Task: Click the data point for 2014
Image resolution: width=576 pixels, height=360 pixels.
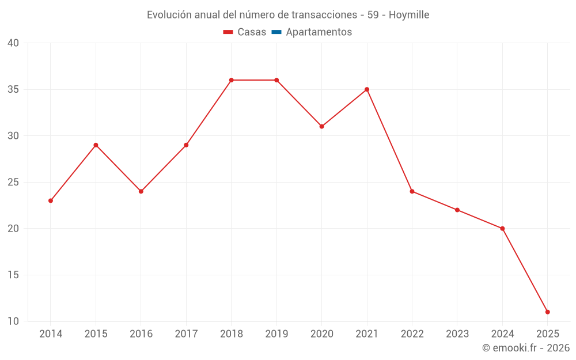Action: (51, 200)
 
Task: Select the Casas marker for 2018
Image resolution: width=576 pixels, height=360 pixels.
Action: (232, 80)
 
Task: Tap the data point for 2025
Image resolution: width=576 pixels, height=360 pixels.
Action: (547, 312)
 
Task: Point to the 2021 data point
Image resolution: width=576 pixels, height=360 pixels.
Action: (367, 89)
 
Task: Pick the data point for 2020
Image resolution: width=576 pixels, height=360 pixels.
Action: (321, 126)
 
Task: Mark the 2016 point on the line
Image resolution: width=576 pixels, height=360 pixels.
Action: (141, 191)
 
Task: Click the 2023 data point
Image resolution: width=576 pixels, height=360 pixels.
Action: (457, 210)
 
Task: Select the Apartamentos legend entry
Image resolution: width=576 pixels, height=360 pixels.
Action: (319, 32)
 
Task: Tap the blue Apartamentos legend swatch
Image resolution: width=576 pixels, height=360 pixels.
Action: (276, 32)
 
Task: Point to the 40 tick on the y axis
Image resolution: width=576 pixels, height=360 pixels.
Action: (13, 43)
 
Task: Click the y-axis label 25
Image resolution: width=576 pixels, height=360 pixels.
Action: (13, 182)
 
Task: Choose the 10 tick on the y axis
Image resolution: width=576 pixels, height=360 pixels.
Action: (13, 321)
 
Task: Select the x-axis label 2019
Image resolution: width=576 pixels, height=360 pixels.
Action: (276, 334)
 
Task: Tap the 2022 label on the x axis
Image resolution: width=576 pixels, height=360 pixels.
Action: (412, 334)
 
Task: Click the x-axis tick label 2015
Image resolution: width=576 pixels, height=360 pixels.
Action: (96, 334)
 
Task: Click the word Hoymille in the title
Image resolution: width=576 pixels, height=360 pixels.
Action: (409, 15)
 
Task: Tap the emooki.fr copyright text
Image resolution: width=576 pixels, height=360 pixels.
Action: (526, 348)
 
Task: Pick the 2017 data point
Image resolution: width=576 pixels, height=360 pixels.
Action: (186, 145)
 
